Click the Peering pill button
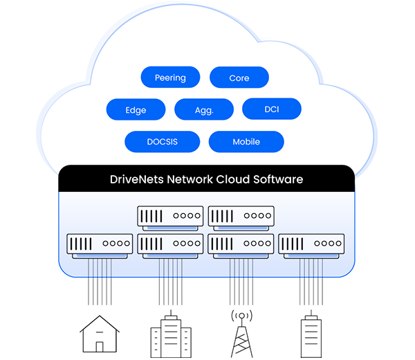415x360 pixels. [x=170, y=78]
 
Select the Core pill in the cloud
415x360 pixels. [x=239, y=78]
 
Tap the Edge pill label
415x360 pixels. [x=136, y=109]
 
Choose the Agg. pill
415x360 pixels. [x=204, y=109]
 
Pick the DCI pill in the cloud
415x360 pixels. [x=272, y=109]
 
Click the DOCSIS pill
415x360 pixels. [x=162, y=141]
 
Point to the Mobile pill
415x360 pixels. [x=246, y=141]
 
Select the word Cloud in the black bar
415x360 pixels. [x=234, y=179]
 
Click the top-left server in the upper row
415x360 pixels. [x=170, y=216]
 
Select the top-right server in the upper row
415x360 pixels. [x=241, y=216]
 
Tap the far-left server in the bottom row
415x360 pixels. [x=100, y=244]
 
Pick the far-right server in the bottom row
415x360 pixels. [x=311, y=244]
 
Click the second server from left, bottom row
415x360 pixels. [x=170, y=244]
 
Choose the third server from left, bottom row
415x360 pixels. [x=241, y=244]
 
